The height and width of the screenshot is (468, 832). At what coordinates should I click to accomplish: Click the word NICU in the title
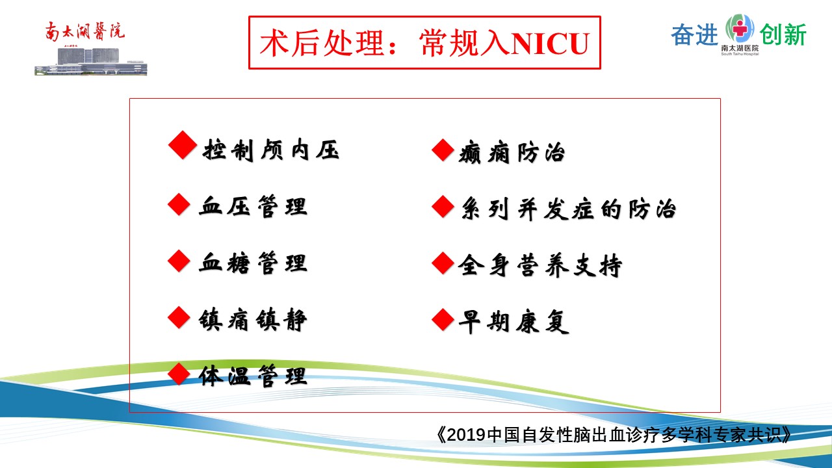pos(550,44)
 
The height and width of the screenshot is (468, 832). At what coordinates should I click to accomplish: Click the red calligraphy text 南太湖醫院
pos(84,31)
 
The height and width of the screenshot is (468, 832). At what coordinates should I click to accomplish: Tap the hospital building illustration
pos(91,60)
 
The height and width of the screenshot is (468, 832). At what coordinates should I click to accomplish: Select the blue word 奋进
pos(694,34)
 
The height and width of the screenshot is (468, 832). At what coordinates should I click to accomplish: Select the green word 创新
pos(783,34)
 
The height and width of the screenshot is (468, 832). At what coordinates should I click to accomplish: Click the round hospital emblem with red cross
pos(740,28)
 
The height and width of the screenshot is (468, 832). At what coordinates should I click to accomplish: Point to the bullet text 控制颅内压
pos(271,150)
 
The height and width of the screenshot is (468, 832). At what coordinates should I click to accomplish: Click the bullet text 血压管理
pos(253,206)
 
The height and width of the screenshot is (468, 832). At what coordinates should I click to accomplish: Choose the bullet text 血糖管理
pos(253,263)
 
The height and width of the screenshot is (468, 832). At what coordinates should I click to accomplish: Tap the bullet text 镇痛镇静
pos(253,320)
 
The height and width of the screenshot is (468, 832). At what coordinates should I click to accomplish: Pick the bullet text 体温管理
pos(253,376)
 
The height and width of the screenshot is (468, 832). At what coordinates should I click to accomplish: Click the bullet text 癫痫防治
pos(512,152)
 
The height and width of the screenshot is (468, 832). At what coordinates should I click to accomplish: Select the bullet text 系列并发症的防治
pos(568,209)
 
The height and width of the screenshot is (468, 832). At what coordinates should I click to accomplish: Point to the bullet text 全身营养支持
pos(540,265)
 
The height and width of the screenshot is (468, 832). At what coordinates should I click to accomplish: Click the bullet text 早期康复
pos(513,322)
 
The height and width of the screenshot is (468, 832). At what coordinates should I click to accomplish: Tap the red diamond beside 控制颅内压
pos(183,145)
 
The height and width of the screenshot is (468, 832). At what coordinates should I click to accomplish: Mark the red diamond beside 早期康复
pos(443,319)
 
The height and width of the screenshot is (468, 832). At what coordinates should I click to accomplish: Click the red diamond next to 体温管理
pos(179,374)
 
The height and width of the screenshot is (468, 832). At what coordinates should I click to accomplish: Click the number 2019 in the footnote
pos(466,435)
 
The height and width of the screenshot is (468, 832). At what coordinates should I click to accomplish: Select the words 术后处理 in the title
pos(322,44)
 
